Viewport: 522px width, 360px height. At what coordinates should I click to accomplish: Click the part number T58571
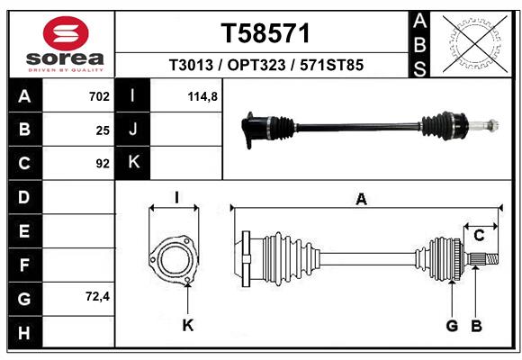[x=265, y=33]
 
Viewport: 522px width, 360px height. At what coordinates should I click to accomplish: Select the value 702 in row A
[x=99, y=96]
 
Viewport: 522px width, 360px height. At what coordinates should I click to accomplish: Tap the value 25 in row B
[x=103, y=130]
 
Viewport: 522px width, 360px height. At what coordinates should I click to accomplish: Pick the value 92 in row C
[x=103, y=164]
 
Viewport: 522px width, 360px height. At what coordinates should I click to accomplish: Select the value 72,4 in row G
[x=95, y=296]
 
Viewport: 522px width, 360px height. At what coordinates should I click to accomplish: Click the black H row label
[x=24, y=332]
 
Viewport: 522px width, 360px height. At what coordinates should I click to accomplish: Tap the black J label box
[x=133, y=130]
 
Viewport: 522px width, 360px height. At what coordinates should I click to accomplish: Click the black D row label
[x=24, y=197]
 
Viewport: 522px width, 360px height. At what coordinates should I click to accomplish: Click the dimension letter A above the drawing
[x=361, y=200]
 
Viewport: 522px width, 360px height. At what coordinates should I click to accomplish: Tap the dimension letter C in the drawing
[x=480, y=235]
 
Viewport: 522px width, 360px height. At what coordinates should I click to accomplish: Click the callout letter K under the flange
[x=188, y=325]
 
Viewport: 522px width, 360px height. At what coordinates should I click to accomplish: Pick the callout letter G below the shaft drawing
[x=452, y=325]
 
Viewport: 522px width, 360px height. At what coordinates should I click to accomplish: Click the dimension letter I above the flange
[x=177, y=197]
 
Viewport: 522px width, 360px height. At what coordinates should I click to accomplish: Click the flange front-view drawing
[x=173, y=261]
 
